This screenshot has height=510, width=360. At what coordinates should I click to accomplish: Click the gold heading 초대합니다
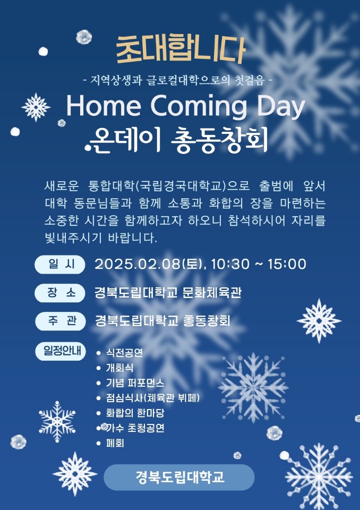pos(180,50)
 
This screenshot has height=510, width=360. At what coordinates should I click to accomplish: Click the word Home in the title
pos(104,106)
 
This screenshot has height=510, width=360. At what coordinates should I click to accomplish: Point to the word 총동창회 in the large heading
pos(219,140)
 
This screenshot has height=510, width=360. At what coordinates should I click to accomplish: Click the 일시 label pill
pos(60,264)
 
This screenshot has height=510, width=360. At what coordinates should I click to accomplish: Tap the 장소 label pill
pos(60,293)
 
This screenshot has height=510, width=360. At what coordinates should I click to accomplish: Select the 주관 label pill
pos(60,321)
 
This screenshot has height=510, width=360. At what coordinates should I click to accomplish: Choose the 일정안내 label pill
pos(60,351)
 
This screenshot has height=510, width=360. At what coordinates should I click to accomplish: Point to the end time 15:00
pos(287,264)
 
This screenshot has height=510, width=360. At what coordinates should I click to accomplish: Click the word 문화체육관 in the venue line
pos(212,292)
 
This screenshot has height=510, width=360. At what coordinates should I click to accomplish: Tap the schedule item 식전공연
pos(125,353)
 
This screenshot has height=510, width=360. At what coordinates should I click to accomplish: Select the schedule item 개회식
pos(119,368)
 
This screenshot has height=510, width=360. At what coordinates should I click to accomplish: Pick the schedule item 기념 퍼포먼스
pos(135,383)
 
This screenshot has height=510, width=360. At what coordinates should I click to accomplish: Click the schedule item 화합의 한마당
pos(135,413)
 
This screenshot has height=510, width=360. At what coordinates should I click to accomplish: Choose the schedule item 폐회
pos(115,443)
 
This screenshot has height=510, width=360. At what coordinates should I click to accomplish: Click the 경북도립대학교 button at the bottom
pos(179,477)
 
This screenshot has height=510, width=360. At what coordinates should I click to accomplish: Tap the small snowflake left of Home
pos(36,107)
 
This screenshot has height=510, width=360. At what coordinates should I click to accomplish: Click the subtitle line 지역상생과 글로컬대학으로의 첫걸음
pos(177,80)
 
